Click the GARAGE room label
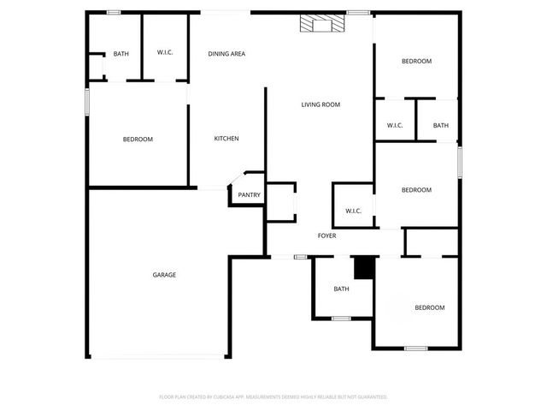(x=164, y=275)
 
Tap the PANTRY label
(x=250, y=195)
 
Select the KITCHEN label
(x=226, y=139)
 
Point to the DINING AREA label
(x=226, y=54)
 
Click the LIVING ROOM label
(x=321, y=104)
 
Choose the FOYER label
(x=326, y=235)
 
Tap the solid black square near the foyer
(x=365, y=268)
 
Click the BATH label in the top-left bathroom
(x=121, y=54)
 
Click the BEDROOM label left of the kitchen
(x=138, y=140)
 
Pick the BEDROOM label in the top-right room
(x=416, y=61)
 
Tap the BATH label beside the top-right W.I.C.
(x=440, y=126)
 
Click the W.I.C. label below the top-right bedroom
(x=395, y=126)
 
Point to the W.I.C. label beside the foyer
(x=353, y=211)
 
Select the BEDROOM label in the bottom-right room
(x=429, y=307)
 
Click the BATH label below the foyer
(x=341, y=289)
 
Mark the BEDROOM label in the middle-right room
(x=416, y=190)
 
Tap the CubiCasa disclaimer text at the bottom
(x=273, y=397)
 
